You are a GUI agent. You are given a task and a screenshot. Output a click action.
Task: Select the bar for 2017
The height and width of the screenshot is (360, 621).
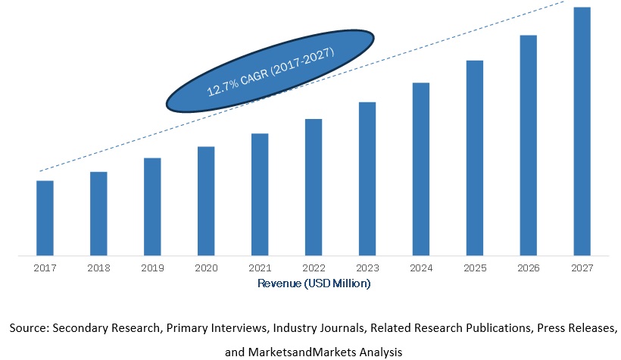coord(45,218)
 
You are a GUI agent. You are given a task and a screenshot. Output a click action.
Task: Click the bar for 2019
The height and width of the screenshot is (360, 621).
coord(152,206)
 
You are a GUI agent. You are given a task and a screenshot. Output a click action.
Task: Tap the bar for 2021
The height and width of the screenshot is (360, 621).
coord(260,194)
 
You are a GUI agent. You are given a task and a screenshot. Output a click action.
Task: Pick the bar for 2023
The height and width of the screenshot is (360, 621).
coord(367,178)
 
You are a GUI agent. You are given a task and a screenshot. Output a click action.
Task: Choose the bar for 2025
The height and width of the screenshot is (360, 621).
coord(475,157)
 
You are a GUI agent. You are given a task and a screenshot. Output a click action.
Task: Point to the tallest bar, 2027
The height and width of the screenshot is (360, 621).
coord(582,130)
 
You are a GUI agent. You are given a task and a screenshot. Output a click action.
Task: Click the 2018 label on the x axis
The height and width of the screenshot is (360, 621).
coord(98,268)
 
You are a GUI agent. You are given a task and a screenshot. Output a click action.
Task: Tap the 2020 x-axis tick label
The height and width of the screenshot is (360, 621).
coord(206,268)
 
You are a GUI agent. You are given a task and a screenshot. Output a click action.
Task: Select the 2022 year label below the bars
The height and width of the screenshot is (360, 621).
coord(314,268)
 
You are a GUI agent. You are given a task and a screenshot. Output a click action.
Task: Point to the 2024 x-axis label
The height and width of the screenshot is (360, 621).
coord(421,268)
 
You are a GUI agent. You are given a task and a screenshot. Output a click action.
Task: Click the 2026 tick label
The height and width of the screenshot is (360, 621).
coord(529,268)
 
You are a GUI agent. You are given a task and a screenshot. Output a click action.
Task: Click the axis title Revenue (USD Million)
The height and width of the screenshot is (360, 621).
coord(314,283)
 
